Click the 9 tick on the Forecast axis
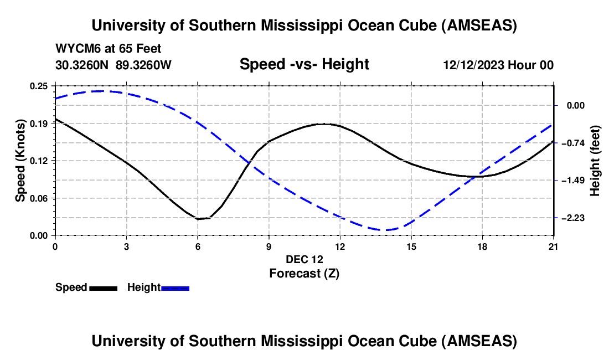pyautogui.click(x=269, y=246)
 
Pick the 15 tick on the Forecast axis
pyautogui.click(x=411, y=246)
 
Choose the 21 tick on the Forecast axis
pyautogui.click(x=553, y=246)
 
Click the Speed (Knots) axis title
pyautogui.click(x=20, y=161)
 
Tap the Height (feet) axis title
pyautogui.click(x=596, y=161)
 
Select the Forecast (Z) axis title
pyautogui.click(x=304, y=273)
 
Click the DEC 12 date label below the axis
pyautogui.click(x=304, y=259)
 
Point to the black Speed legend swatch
pyautogui.click(x=103, y=287)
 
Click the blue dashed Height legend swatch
pyautogui.click(x=175, y=287)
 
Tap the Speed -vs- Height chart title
pyautogui.click(x=304, y=65)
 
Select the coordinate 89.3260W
pyautogui.click(x=144, y=65)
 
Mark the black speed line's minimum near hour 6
pyautogui.click(x=198, y=219)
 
